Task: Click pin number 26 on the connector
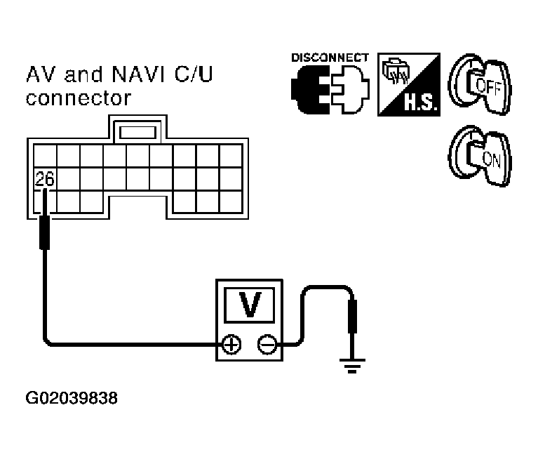click(x=45, y=178)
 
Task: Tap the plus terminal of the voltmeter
click(x=231, y=345)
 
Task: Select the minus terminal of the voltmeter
click(x=267, y=345)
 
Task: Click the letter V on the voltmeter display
click(x=250, y=305)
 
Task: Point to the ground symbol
click(x=352, y=366)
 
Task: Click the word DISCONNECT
click(x=330, y=58)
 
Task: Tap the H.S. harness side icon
click(x=409, y=84)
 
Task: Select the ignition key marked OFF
click(x=480, y=84)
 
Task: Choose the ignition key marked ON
click(x=480, y=157)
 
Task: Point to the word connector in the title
click(x=79, y=98)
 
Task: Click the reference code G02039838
click(x=72, y=398)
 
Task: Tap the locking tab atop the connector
click(x=137, y=132)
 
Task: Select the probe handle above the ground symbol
click(x=352, y=316)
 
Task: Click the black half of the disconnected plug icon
click(x=310, y=90)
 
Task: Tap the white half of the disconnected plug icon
click(x=351, y=90)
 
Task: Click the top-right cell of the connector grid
click(x=231, y=156)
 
